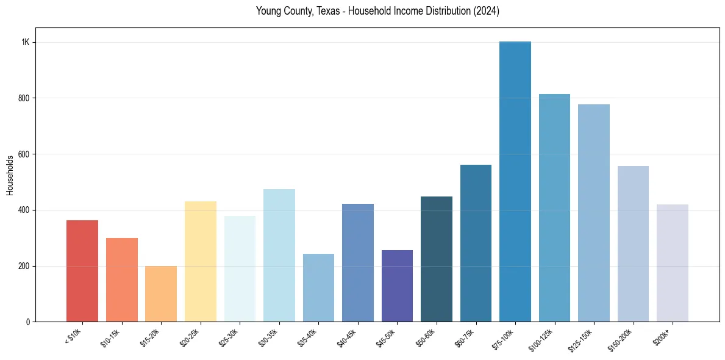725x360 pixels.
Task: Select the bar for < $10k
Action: coord(82,271)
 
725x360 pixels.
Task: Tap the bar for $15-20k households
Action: coord(161,293)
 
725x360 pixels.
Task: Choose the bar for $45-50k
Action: coord(397,286)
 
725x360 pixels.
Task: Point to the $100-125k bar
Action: coord(554,207)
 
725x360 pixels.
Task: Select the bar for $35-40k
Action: coord(318,287)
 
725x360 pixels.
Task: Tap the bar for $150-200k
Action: coord(633,243)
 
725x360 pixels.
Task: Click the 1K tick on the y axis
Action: coord(25,43)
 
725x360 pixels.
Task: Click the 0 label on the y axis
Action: coord(28,322)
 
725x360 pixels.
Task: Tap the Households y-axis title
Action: coord(10,175)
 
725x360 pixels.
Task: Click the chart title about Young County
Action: coord(377,11)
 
